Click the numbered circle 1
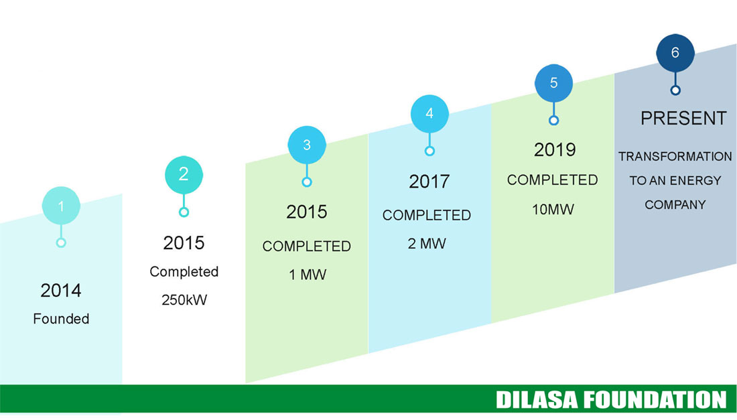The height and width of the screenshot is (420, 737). click(61, 206)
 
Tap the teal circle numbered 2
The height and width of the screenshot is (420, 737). click(184, 175)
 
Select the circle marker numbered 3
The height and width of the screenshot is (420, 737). click(307, 145)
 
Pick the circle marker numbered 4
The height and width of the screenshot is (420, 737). click(429, 114)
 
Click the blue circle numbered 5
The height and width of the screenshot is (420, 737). click(553, 83)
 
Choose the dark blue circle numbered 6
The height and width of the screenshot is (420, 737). click(675, 53)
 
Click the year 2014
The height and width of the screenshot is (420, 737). click(61, 290)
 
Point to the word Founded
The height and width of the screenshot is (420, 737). click(61, 319)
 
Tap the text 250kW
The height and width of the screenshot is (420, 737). click(184, 299)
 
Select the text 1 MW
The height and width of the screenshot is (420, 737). click(308, 275)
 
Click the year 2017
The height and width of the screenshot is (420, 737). click(429, 182)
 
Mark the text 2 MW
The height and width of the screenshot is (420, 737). click(427, 243)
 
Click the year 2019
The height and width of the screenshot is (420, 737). click(555, 150)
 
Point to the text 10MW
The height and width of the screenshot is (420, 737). click(553, 209)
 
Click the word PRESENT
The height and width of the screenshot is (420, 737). click(683, 119)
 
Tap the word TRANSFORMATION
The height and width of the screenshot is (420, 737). click(675, 157)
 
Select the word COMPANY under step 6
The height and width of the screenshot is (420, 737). click(675, 205)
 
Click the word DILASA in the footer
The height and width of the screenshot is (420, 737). click(537, 400)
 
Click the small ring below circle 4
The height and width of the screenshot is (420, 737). click(429, 151)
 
